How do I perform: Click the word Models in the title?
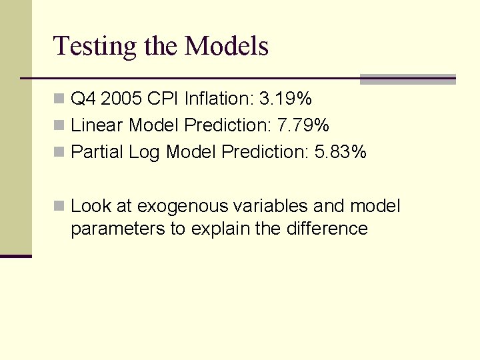point(227,46)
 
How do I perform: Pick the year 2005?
point(121,99)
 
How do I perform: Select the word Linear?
point(97,125)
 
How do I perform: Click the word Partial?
point(97,152)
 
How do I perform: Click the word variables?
point(273,206)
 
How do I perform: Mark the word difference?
point(327,229)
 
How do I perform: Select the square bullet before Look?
point(59,206)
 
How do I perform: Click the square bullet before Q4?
point(59,99)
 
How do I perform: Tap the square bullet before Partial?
point(59,152)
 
